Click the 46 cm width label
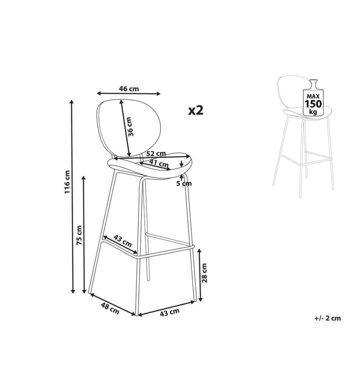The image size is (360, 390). (x=129, y=89)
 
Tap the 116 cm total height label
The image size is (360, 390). (x=67, y=182)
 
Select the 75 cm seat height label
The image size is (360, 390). (x=79, y=235)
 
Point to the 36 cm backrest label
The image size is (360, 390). (x=131, y=127)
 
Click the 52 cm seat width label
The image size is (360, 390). (x=156, y=153)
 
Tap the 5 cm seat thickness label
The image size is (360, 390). (x=184, y=184)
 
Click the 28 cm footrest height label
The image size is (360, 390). (x=204, y=273)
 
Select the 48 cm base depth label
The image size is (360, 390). (x=110, y=308)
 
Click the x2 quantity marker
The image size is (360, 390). (x=196, y=110)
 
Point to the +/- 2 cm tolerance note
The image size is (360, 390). (x=327, y=318)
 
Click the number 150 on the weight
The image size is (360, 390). (x=313, y=104)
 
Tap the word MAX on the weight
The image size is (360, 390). (x=313, y=96)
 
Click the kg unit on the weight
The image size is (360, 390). (x=313, y=112)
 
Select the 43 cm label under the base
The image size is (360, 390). (x=169, y=312)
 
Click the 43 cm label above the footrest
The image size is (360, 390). (x=123, y=241)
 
